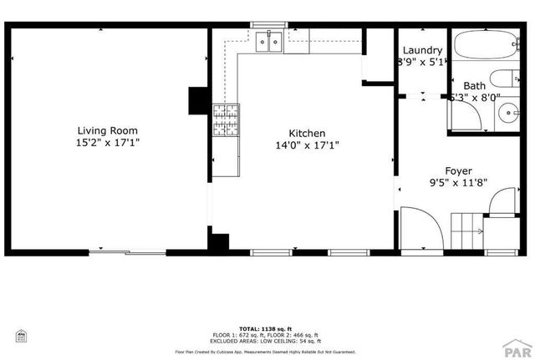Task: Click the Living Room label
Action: pos(107,130)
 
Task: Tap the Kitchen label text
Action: pos(307,134)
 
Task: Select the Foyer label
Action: pos(459,170)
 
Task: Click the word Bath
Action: pos(474,85)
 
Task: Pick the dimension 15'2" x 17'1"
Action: pos(107,143)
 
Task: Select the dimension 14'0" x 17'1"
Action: pos(307,145)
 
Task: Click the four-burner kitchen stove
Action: pos(225,119)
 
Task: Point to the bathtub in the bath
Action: pos(488,47)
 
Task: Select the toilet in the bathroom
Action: pos(502,80)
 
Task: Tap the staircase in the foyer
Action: pos(468,228)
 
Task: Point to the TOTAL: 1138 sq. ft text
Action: pos(267,329)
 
